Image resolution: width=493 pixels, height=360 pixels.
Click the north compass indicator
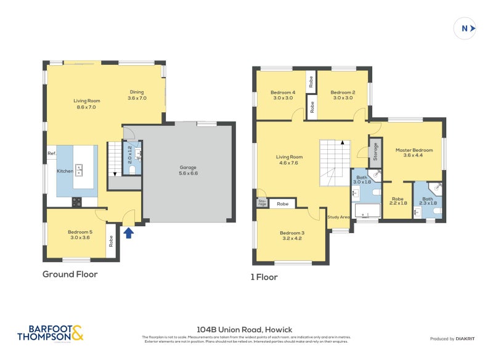pyautogui.click(x=466, y=28)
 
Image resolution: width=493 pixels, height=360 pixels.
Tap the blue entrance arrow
pyautogui.click(x=129, y=232)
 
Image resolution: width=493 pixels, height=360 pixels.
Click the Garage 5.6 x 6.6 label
pyautogui.click(x=189, y=171)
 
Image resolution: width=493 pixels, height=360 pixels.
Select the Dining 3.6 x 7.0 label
pyautogui.click(x=137, y=95)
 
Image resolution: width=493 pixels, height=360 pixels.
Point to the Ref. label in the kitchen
pyautogui.click(x=52, y=153)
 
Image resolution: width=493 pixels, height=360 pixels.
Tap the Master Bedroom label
pyautogui.click(x=414, y=153)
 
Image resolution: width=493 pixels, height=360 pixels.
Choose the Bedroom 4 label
pyautogui.click(x=283, y=95)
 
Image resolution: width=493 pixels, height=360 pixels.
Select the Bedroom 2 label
pyautogui.click(x=344, y=95)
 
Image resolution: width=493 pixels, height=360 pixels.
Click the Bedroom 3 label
pyautogui.click(x=292, y=235)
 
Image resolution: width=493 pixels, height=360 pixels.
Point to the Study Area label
pyautogui.click(x=338, y=217)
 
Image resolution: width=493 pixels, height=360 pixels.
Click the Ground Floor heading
pyautogui.click(x=70, y=274)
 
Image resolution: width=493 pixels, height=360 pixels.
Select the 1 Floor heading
pyautogui.click(x=265, y=277)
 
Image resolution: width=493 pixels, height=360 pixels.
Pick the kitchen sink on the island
pyautogui.click(x=79, y=170)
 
